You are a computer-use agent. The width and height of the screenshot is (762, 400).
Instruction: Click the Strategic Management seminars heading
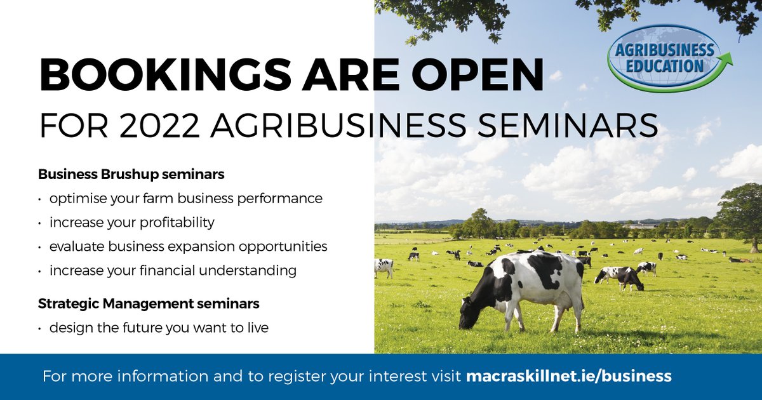click(x=149, y=303)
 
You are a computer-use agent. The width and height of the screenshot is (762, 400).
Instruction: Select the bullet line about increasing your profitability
click(x=131, y=223)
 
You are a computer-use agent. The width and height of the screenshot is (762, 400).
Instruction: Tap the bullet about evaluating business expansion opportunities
click(x=188, y=246)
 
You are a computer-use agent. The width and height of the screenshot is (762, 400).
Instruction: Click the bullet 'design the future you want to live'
click(x=159, y=328)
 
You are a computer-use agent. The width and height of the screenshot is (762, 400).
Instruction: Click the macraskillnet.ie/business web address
click(x=568, y=376)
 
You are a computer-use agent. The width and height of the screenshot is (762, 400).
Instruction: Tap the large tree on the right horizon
click(x=740, y=213)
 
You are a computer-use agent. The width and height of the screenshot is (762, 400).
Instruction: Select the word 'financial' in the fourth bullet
click(x=192, y=270)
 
